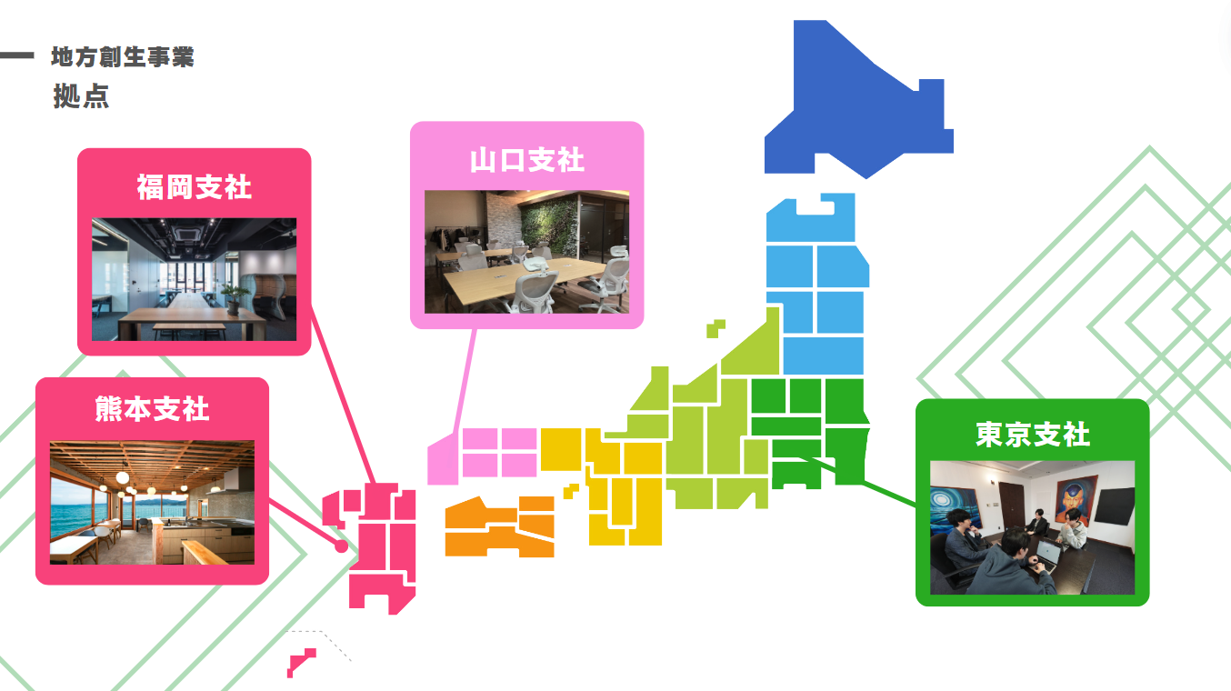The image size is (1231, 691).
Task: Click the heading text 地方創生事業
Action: click(123, 57)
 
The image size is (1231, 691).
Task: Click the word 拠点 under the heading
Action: click(81, 96)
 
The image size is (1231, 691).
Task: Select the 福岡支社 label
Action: click(194, 187)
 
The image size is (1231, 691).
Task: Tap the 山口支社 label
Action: click(527, 160)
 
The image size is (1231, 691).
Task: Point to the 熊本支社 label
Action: click(152, 409)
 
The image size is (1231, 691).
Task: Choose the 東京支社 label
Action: click(1033, 435)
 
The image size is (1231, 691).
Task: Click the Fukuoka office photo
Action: click(194, 279)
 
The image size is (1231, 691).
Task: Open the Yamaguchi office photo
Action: click(527, 252)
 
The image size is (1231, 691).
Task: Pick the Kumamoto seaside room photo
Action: click(152, 503)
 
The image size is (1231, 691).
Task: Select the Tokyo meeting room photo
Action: click(1033, 527)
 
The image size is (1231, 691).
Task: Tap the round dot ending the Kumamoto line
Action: click(341, 546)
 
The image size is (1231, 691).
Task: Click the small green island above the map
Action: click(716, 328)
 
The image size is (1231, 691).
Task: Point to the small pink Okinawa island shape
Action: click(301, 663)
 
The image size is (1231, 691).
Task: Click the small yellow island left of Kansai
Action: click(571, 490)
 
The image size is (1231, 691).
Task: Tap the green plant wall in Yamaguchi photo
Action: click(548, 226)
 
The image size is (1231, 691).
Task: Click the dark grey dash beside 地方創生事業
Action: click(17, 55)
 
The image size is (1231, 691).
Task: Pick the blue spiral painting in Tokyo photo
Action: click(954, 508)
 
